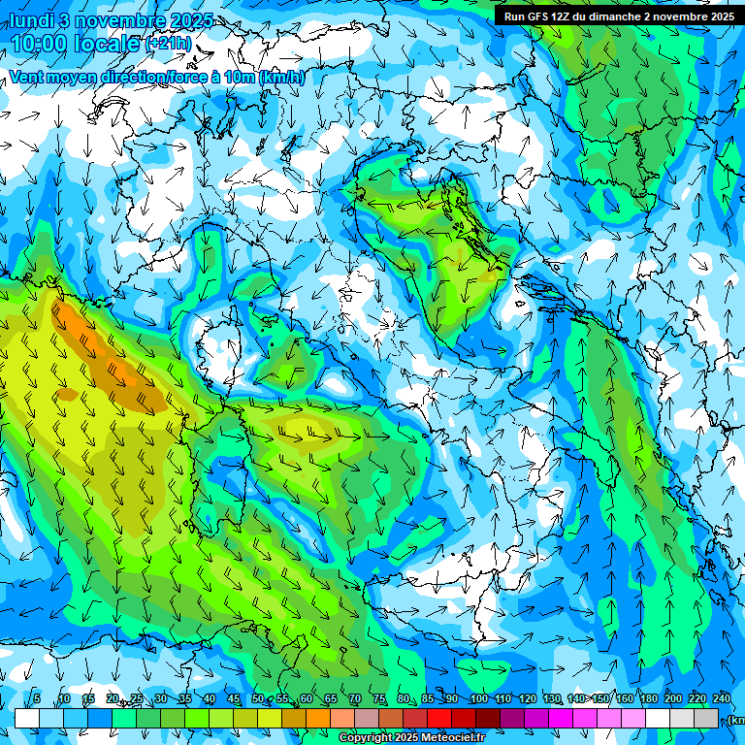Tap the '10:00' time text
[45, 44]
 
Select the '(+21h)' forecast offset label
[169, 44]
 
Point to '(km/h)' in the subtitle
[281, 78]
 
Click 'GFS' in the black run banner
[535, 16]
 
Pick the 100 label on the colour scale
[479, 698]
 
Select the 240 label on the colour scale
[722, 698]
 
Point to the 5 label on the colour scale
[37, 698]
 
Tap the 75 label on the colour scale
[379, 698]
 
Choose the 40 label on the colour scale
[210, 698]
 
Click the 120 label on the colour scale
[528, 698]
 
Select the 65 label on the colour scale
[331, 698]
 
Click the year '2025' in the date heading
[191, 20]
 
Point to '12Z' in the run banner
[562, 16]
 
